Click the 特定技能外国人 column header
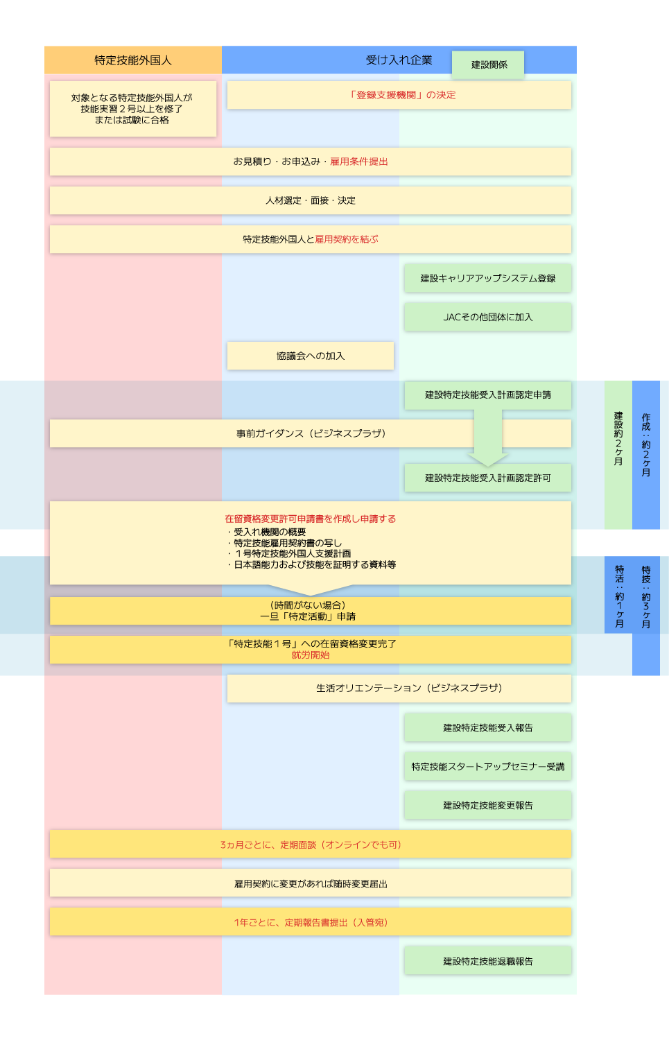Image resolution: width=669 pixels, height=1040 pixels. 132,60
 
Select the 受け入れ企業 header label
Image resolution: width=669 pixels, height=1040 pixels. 399,60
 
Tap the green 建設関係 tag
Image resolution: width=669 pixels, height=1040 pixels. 488,64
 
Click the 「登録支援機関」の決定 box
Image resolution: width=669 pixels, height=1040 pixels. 403,95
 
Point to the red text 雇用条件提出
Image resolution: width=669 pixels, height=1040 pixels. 359,162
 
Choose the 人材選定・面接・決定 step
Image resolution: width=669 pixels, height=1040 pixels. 311,200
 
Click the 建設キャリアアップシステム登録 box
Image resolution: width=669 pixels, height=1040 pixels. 487,278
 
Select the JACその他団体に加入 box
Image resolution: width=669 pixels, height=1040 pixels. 487,317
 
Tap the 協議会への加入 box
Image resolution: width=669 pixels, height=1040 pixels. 311,356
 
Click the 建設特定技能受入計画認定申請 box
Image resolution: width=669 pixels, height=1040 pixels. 487,395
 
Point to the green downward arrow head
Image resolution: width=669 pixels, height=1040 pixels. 488,459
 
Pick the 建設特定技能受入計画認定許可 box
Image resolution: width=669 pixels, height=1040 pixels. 487,478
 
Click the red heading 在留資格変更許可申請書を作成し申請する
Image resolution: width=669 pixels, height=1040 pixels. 311,519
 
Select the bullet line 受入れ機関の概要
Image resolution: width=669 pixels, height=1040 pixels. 270,532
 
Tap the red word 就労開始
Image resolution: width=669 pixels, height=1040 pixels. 311,655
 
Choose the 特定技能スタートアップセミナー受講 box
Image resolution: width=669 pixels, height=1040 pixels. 487,767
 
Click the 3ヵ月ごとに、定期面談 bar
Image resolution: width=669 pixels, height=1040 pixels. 311,844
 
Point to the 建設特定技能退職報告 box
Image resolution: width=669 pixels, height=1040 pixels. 487,962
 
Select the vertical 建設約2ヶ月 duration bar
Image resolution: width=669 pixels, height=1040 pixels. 618,454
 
